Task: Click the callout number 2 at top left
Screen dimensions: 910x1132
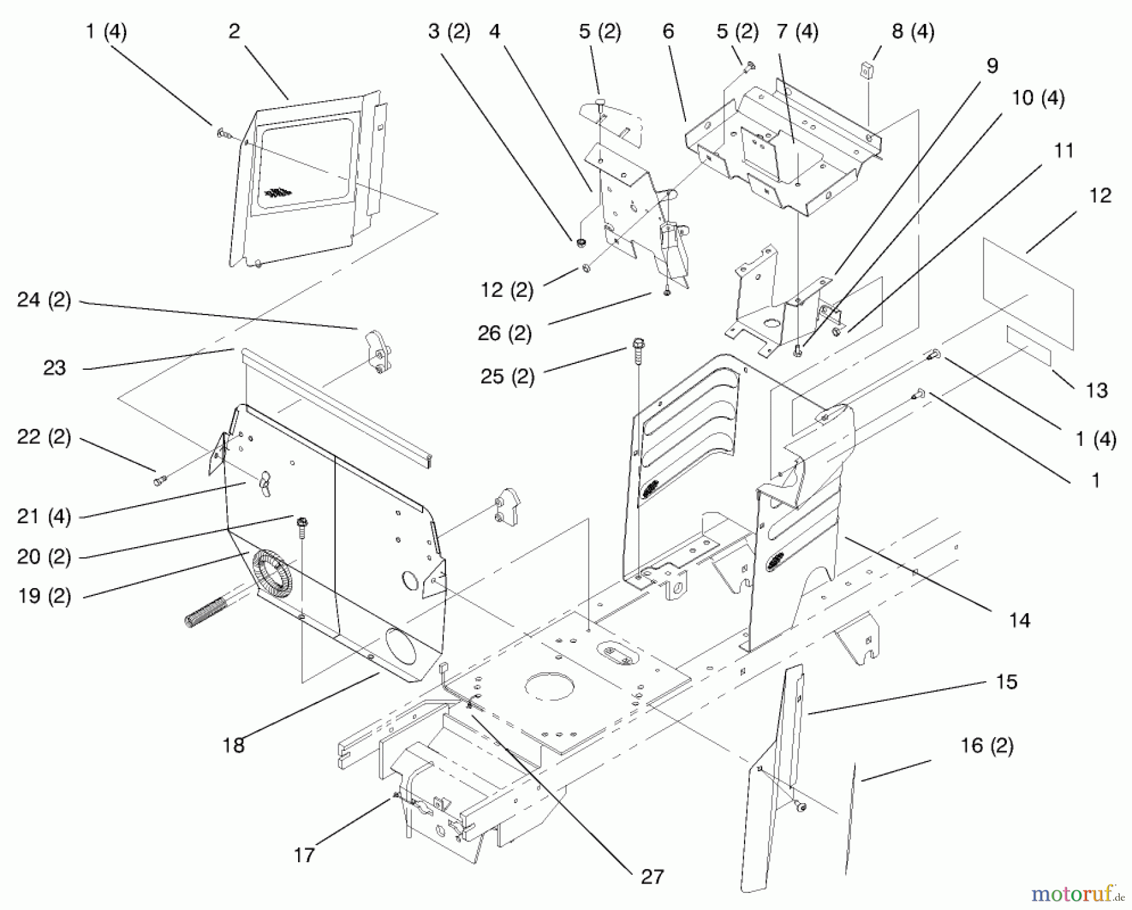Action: coord(234,31)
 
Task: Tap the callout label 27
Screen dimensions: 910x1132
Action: coord(652,877)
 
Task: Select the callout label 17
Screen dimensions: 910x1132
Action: coord(304,855)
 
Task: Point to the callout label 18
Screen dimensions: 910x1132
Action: coord(233,745)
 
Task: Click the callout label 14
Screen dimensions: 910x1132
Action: coord(1019,620)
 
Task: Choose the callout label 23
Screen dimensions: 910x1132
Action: coord(54,368)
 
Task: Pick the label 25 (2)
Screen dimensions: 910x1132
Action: coord(507,377)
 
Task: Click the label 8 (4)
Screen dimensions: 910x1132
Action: coord(913,31)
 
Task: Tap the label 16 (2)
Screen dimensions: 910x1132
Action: coord(987,746)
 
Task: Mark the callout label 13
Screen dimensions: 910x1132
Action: coord(1096,391)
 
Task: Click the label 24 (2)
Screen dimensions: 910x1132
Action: coord(44,300)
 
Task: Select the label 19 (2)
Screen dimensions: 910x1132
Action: coord(44,596)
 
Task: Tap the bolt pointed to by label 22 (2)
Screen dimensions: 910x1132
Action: coord(158,481)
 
